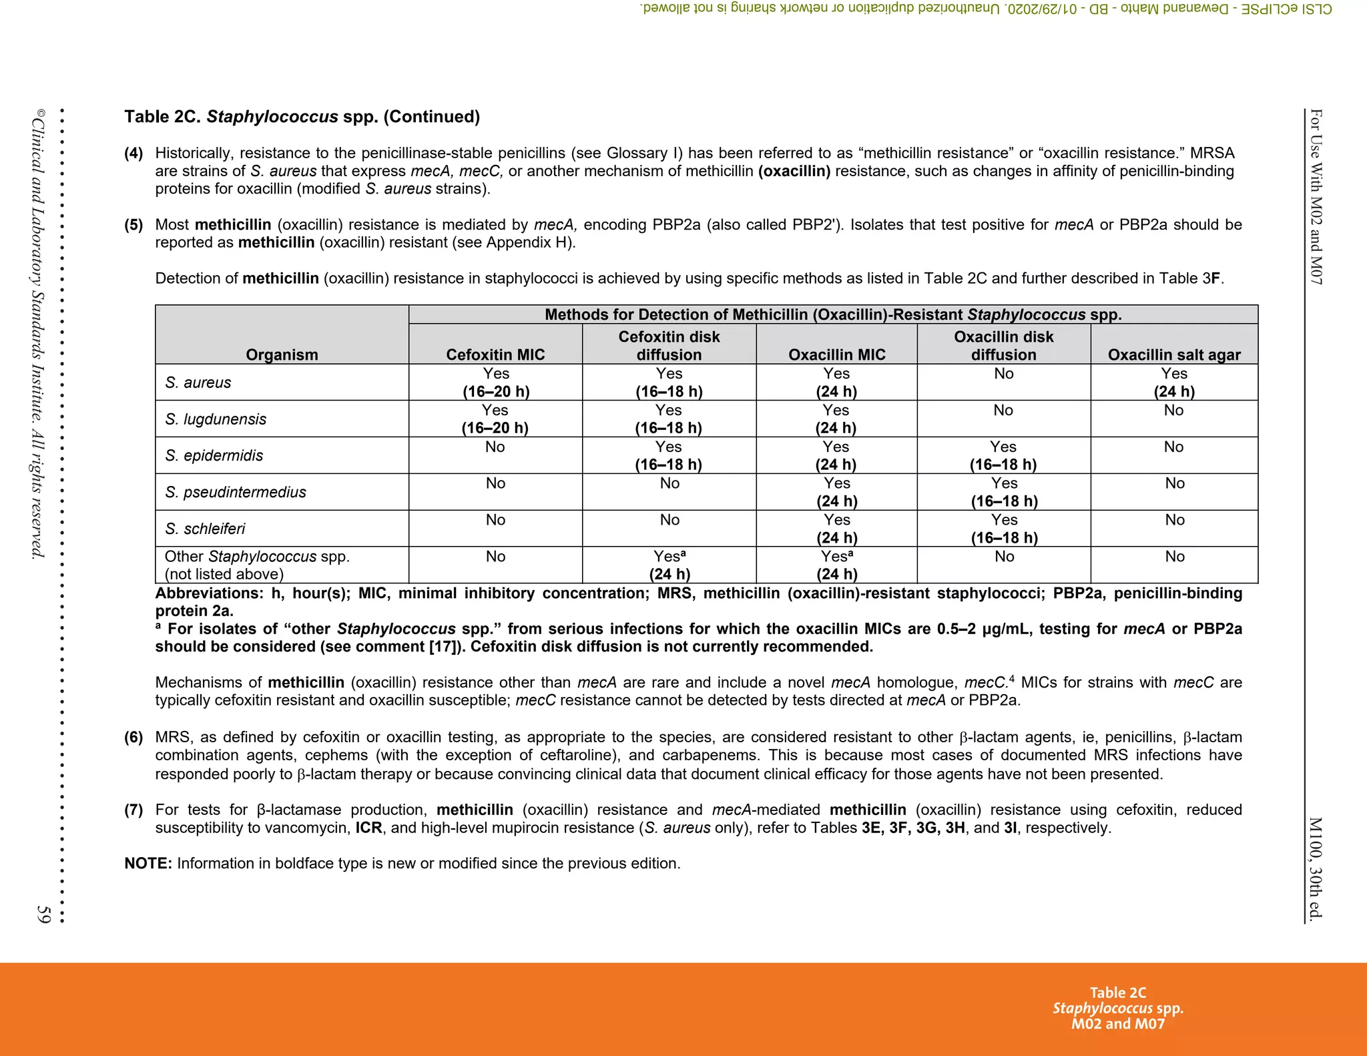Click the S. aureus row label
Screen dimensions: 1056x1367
click(198, 382)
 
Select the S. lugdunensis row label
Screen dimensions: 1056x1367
click(215, 419)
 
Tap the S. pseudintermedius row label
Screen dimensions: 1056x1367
click(235, 492)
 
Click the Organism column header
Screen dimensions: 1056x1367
click(282, 354)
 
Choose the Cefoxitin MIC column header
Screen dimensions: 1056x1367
click(495, 354)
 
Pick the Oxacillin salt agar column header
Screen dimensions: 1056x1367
click(1174, 354)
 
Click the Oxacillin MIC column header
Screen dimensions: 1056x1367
click(836, 354)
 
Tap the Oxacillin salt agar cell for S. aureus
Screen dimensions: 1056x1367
click(1174, 382)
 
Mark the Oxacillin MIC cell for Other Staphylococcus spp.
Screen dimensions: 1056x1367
click(836, 565)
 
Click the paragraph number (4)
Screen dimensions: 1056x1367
click(133, 154)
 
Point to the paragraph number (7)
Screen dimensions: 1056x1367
click(133, 810)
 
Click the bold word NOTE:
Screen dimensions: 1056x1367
click(148, 863)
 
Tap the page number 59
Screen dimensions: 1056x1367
click(44, 914)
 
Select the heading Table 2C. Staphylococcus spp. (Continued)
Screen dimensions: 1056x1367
click(302, 117)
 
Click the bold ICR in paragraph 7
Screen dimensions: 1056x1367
click(368, 828)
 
